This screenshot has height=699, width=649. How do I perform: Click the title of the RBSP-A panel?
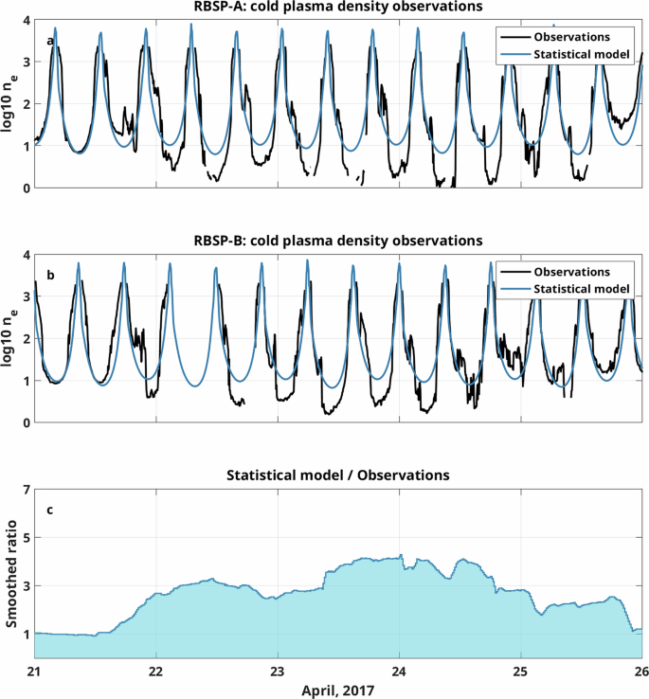(337, 8)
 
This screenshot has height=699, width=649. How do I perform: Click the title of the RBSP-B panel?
(337, 241)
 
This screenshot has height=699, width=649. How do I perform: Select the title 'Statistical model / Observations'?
(337, 475)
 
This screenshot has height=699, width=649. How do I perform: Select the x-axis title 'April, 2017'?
(337, 690)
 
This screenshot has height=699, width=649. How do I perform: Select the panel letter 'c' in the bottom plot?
(49, 511)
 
